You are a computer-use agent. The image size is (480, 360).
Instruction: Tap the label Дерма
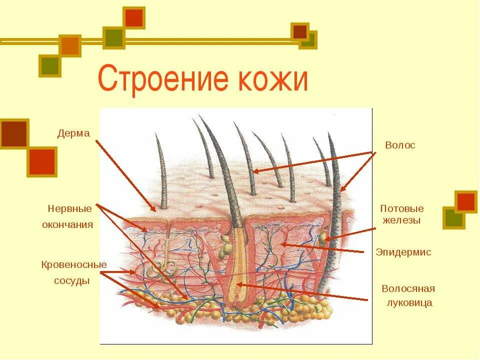[x=73, y=133]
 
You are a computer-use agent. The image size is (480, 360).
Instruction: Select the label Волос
[x=400, y=145]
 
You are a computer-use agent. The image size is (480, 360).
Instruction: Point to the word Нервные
[x=70, y=208]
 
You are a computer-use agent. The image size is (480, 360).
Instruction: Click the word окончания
[x=67, y=224]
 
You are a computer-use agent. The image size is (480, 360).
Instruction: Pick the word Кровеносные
[x=74, y=264]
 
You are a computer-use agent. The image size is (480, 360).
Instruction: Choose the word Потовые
[x=401, y=208]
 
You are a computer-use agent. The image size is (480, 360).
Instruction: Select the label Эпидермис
[x=403, y=252]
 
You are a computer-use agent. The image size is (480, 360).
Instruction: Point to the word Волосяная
[x=408, y=288]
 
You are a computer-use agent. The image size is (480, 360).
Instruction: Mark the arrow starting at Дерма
[x=125, y=175]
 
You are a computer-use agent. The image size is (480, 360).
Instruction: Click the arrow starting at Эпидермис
[x=320, y=248]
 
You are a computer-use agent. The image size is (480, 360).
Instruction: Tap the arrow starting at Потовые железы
[x=350, y=234]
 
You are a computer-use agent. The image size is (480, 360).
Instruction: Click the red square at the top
[x=134, y=18]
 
